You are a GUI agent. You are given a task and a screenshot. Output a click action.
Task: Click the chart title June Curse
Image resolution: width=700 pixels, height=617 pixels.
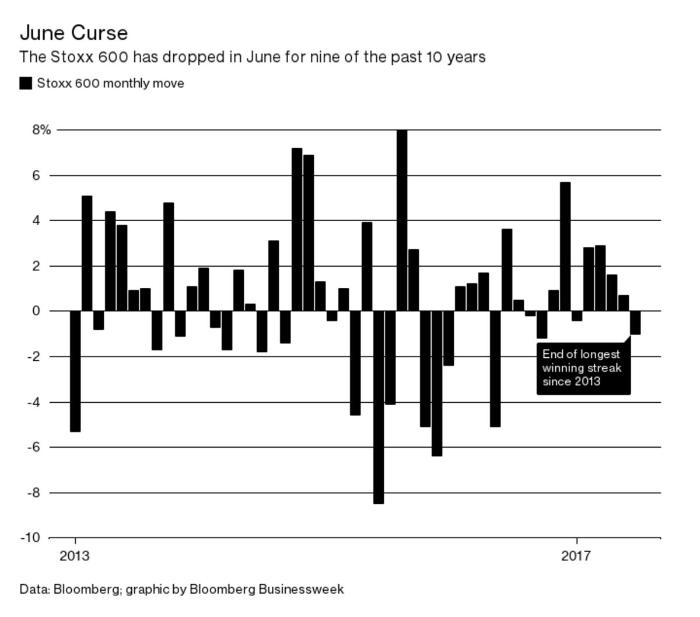[73, 33]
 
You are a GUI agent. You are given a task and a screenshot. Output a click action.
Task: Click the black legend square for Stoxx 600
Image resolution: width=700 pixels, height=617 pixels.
[26, 83]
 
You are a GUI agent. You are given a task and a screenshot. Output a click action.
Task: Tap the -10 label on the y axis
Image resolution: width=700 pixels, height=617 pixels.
[31, 538]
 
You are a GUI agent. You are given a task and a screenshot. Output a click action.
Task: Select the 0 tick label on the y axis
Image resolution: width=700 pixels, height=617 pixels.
[36, 311]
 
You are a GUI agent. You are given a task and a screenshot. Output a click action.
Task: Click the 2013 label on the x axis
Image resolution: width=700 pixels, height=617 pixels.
[75, 556]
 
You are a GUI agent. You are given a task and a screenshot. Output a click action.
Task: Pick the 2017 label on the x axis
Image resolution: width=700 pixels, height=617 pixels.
[576, 556]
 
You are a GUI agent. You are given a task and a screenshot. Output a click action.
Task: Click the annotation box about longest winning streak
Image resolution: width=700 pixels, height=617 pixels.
[583, 368]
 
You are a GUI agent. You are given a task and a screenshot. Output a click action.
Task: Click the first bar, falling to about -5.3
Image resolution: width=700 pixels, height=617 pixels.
[75, 371]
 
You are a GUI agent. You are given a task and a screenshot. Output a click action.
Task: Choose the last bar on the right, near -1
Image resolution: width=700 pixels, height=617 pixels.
[635, 323]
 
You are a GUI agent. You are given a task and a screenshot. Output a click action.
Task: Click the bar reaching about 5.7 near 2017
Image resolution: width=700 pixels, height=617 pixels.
[565, 246]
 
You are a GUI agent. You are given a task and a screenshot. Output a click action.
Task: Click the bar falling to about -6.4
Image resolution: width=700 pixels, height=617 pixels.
[437, 383]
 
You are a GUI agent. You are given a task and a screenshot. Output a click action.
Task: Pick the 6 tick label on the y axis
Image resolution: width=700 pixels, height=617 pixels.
[36, 175]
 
